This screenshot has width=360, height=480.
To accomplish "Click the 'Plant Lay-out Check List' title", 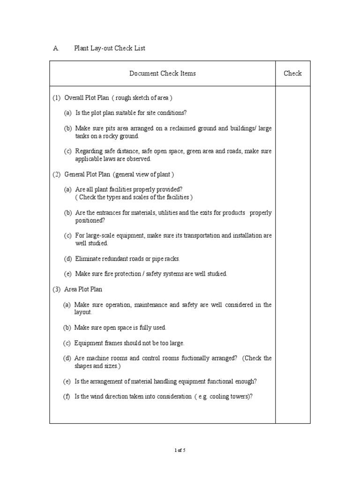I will pyautogui.click(x=110, y=48).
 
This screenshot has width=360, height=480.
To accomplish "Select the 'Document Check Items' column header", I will pyautogui.click(x=162, y=73).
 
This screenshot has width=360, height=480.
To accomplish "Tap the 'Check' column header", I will pyautogui.click(x=292, y=73).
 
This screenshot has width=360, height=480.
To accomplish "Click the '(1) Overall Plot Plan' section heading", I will pyautogui.click(x=112, y=98).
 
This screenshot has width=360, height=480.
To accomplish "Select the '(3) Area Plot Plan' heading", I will pyautogui.click(x=77, y=289).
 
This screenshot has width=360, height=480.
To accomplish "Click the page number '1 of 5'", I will pyautogui.click(x=180, y=450).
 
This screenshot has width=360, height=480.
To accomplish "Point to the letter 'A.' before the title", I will pyautogui.click(x=56, y=48).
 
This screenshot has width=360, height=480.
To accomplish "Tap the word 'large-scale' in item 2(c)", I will pyautogui.click(x=101, y=235).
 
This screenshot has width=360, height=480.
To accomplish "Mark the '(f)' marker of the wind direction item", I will pyautogui.click(x=67, y=396).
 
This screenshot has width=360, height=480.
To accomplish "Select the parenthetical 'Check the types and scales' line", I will pyautogui.click(x=134, y=197).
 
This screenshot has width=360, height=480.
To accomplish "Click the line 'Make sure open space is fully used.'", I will pyautogui.click(x=120, y=328).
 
